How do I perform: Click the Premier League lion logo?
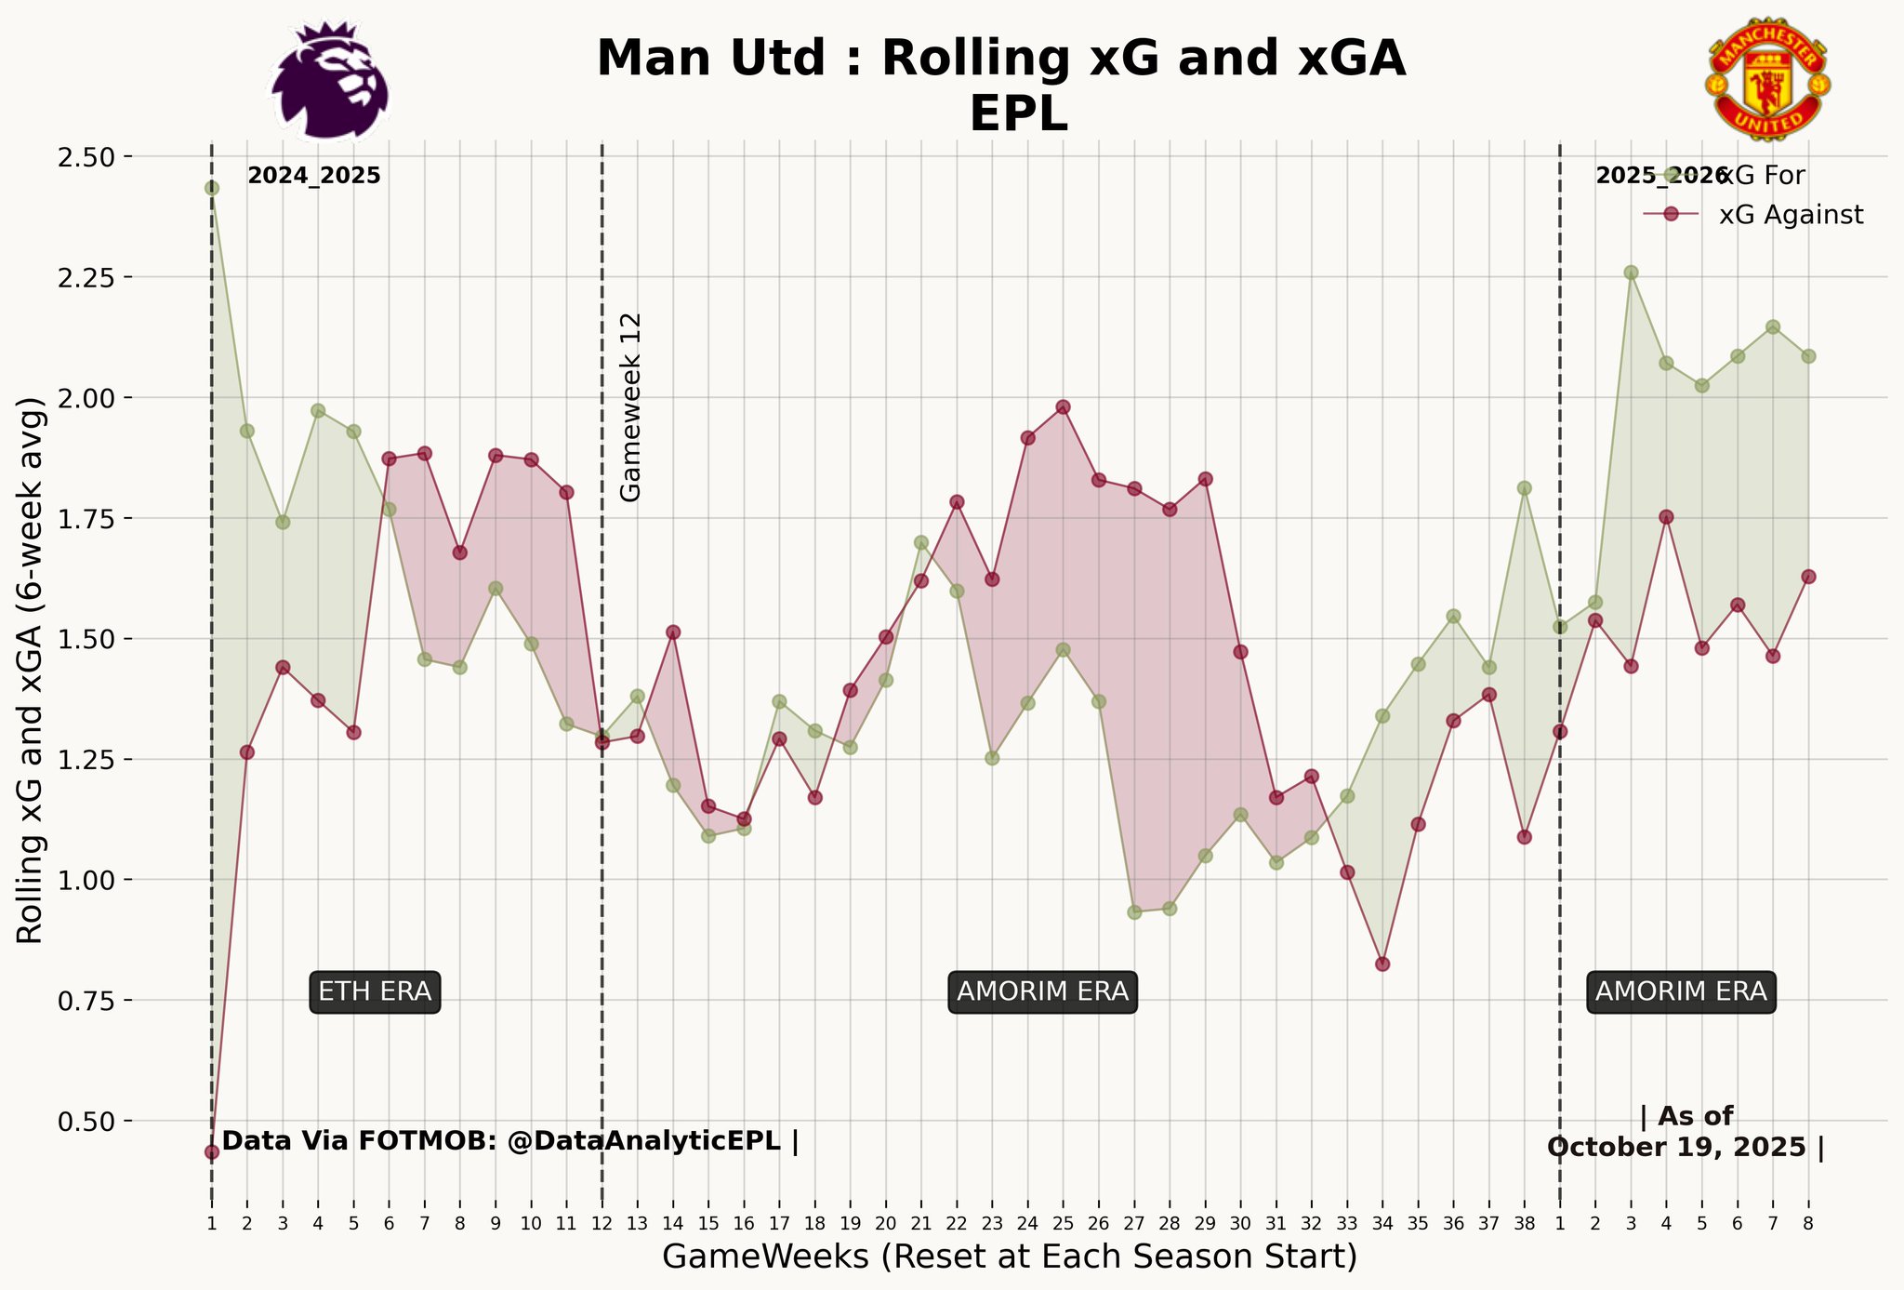[331, 82]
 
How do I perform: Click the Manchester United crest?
[1766, 80]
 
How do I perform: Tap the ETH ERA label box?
[375, 992]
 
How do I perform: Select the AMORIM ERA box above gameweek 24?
[1042, 992]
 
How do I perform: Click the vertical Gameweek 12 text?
[630, 407]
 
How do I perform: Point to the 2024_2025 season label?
[314, 176]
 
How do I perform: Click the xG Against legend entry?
[1791, 215]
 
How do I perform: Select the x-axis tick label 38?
[1524, 1223]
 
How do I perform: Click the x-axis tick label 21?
[920, 1223]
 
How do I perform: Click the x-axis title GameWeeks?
[1010, 1257]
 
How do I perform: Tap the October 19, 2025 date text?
[1685, 1148]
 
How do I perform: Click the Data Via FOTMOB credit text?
[509, 1141]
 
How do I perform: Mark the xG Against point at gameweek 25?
[1064, 407]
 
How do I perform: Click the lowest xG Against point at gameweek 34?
[1382, 964]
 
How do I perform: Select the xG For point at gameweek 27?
[1134, 912]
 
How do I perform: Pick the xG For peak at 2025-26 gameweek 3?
[1631, 273]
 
